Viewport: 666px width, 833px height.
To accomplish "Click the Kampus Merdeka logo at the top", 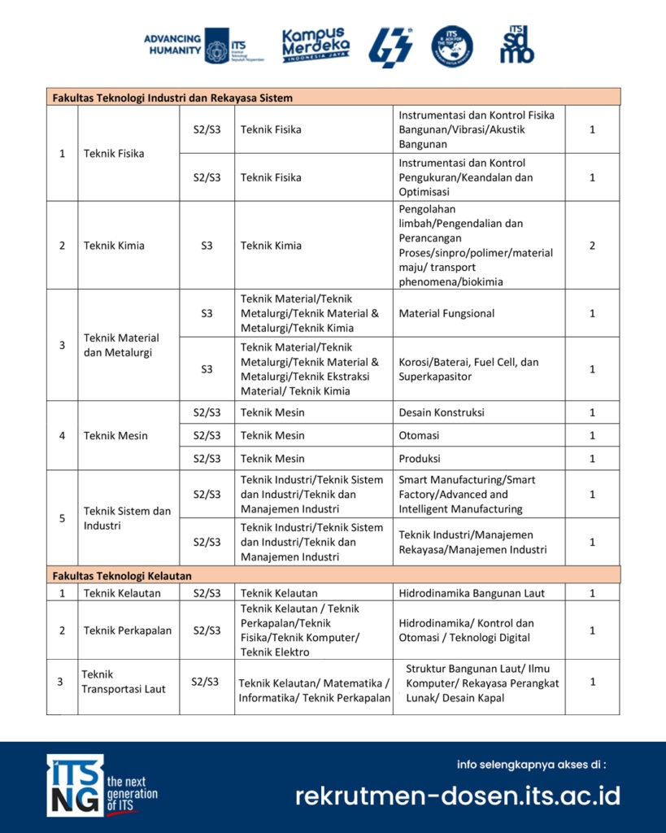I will (x=316, y=46).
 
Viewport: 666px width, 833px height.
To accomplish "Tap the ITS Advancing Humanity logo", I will (x=195, y=45).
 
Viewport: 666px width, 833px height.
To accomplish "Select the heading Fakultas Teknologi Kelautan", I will (x=122, y=575).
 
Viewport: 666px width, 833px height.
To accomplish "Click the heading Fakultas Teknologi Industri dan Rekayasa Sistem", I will (x=172, y=98).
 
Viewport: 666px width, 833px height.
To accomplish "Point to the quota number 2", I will (x=592, y=246).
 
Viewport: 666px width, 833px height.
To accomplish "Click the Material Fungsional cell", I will (x=446, y=313).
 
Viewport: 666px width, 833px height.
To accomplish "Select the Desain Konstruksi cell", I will (x=441, y=412).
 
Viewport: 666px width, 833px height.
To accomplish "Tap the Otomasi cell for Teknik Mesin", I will (x=419, y=435).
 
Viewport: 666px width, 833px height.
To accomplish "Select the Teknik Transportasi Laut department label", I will (x=123, y=682).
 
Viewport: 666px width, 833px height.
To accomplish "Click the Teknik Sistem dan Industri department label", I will (x=127, y=518).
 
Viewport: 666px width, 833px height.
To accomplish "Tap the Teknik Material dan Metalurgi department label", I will (x=121, y=345).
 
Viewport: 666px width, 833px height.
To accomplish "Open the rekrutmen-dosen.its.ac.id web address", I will (x=458, y=795).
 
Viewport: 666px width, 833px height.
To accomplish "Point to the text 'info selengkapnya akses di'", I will (x=532, y=764).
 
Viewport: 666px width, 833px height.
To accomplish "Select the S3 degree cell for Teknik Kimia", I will (x=207, y=246).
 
